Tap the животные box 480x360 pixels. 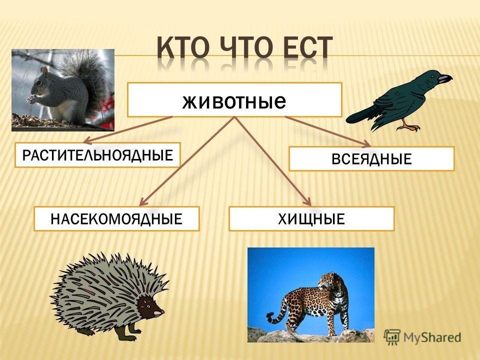point(234,100)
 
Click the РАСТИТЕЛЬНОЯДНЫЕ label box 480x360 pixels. point(97,155)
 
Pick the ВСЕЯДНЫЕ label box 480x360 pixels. point(371,159)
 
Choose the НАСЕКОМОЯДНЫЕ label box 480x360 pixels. point(116,218)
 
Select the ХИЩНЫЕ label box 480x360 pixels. point(311,218)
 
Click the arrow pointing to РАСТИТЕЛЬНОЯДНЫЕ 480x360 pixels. point(128,130)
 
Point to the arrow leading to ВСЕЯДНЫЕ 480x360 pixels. point(328,131)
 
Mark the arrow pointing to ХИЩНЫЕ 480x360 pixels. point(273,161)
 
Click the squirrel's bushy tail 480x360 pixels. point(89,79)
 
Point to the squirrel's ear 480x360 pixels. point(44,71)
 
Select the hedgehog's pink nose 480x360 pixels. point(162,311)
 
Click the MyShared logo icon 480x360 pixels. point(392,337)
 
